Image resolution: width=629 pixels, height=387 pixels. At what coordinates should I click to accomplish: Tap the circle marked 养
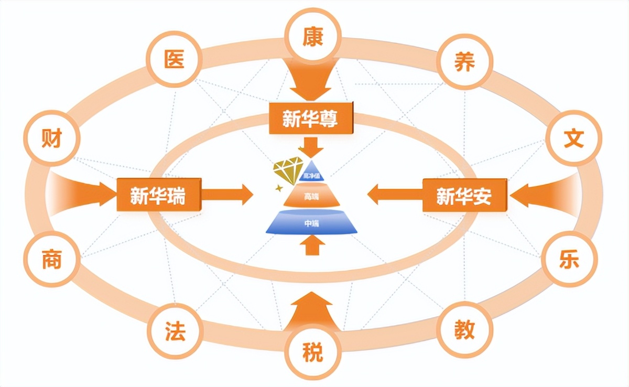[x=464, y=62]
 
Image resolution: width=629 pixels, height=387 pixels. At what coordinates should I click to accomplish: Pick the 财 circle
[x=51, y=139]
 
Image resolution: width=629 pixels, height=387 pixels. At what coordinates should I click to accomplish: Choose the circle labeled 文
[x=573, y=138]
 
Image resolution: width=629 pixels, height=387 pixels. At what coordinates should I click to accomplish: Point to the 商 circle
[x=51, y=260]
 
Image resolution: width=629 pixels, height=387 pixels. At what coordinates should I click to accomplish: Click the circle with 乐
[x=570, y=260]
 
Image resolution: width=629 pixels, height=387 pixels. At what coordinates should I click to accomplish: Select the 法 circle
[x=175, y=331]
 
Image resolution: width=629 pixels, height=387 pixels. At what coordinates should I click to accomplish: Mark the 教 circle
[x=464, y=330]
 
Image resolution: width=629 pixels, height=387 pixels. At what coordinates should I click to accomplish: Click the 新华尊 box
[x=310, y=120]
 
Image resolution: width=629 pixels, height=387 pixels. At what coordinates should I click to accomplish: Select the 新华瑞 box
[x=158, y=196]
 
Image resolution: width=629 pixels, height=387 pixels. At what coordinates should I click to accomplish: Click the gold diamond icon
[x=288, y=170]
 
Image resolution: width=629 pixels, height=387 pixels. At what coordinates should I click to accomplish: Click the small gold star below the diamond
[x=279, y=187]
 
